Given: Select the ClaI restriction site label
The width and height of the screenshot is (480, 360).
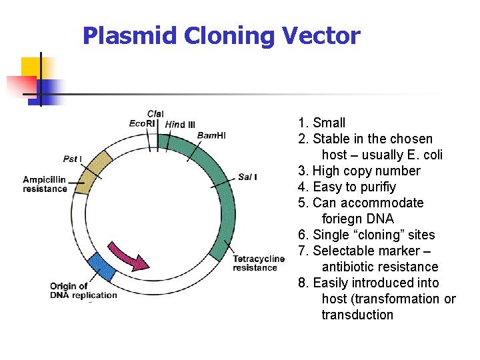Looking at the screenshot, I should [155, 114].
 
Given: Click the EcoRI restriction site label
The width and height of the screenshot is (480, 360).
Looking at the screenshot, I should [142, 123].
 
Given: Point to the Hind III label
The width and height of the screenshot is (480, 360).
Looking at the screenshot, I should [180, 124].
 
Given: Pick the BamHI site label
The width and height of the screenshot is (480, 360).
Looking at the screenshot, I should [211, 135].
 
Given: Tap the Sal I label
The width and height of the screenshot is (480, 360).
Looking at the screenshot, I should [247, 177].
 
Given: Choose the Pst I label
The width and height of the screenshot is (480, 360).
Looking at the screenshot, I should [73, 159].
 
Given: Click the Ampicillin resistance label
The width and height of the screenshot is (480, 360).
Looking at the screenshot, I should [45, 184].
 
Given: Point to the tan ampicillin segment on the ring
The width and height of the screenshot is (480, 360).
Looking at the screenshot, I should [93, 171].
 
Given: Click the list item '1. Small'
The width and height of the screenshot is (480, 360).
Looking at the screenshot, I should [321, 123].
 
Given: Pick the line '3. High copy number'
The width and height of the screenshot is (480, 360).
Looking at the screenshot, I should [359, 171].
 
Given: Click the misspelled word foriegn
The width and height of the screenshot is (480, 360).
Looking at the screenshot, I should [357, 219].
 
